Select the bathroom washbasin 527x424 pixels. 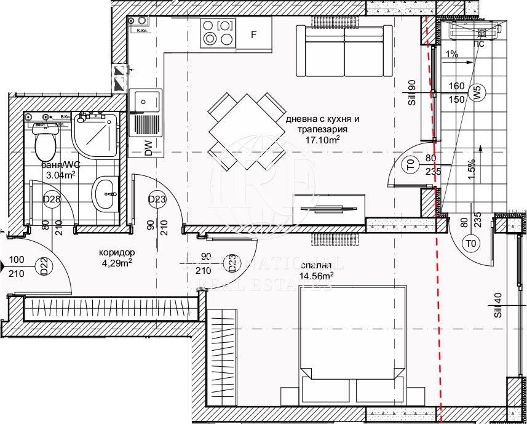(x=106, y=193)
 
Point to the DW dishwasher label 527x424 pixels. (x=149, y=148)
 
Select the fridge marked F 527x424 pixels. (x=253, y=34)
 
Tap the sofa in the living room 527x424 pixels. (x=344, y=50)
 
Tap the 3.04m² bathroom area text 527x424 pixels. (x=61, y=175)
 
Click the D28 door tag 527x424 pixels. (x=51, y=199)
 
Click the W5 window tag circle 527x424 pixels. (x=476, y=94)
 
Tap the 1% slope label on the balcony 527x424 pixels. (x=452, y=54)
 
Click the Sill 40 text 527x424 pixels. (x=497, y=306)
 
